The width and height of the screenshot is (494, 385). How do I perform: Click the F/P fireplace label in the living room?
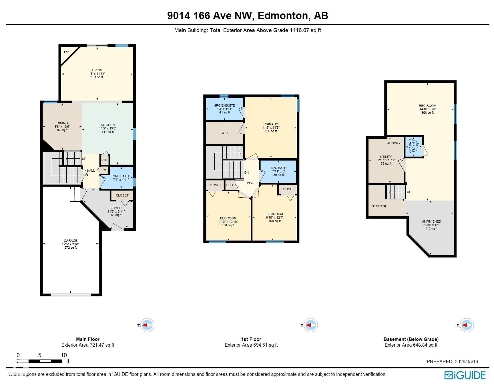[66, 52]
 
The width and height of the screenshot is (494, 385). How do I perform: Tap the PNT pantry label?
[104, 160]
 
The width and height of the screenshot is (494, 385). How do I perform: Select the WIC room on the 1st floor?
[225, 133]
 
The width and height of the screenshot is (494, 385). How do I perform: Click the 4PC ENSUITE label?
[225, 105]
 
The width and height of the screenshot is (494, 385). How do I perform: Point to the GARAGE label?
[71, 241]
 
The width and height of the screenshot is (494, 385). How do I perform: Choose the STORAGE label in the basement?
[379, 206]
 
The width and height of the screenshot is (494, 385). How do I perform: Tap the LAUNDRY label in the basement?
[393, 143]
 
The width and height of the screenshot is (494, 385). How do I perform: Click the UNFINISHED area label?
[431, 221]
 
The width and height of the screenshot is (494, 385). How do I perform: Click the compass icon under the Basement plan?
[467, 325]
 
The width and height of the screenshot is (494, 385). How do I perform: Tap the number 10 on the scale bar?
[64, 355]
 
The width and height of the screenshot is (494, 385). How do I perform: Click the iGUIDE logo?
[465, 375]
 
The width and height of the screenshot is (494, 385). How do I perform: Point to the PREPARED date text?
[452, 362]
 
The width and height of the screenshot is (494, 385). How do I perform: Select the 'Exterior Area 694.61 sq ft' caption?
[251, 345]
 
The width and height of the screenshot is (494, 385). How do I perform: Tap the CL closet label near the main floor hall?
[105, 170]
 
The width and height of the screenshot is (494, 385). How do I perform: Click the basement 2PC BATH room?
[414, 147]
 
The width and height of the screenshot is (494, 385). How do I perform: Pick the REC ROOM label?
[428, 106]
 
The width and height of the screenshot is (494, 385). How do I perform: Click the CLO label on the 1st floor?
[230, 185]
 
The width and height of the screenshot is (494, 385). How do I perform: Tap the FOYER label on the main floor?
[116, 208]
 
